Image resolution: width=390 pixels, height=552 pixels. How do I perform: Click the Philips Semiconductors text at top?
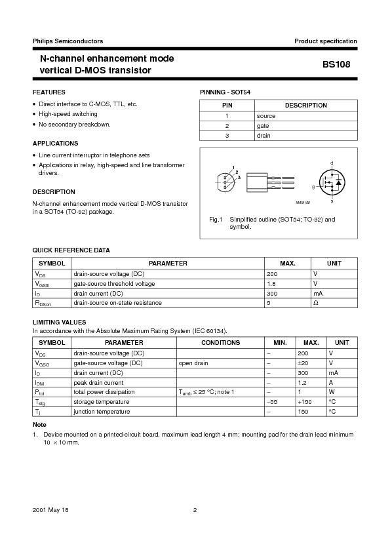pos(68,41)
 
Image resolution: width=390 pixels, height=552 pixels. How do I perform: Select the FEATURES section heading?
pos(49,92)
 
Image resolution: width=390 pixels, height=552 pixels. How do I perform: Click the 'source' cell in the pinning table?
pos(266,116)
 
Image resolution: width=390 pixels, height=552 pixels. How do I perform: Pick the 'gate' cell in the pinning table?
pos(263,126)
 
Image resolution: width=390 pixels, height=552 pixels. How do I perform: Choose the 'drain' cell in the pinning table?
pos(263,136)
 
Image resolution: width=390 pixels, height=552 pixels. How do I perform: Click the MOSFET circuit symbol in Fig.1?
pos(331,182)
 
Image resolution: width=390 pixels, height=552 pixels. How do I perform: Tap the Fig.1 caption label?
pos(216,219)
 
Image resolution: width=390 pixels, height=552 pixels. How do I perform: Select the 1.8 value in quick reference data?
pos(271,284)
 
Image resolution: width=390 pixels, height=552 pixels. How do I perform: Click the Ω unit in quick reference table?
pos(315,303)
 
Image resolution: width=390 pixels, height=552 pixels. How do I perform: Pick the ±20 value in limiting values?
pos(302,363)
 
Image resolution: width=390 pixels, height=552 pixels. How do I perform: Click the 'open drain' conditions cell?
pos(193,363)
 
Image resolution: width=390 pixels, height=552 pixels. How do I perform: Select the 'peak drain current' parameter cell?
pos(98,382)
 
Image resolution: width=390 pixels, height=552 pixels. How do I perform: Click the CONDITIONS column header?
pos(220,343)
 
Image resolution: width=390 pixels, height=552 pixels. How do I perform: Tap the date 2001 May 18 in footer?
pos(50,510)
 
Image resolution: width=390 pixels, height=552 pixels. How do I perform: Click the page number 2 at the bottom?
pos(195,510)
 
